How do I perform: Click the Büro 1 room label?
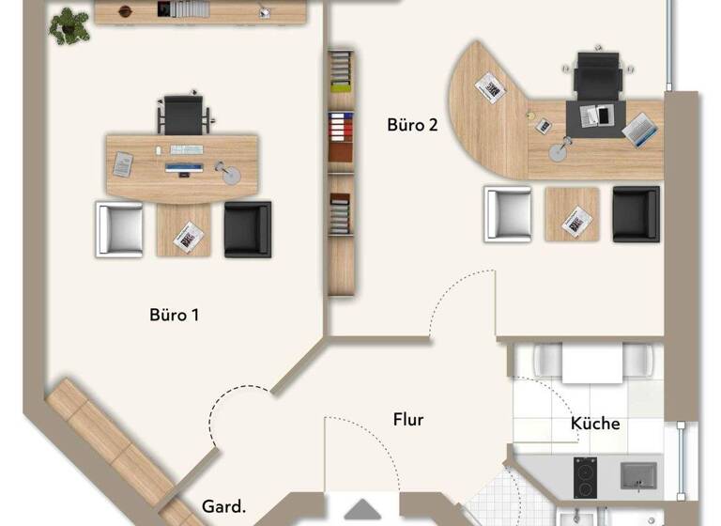pyautogui.click(x=174, y=315)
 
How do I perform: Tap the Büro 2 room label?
pyautogui.click(x=412, y=125)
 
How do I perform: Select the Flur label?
pyautogui.click(x=408, y=420)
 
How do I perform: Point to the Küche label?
pyautogui.click(x=595, y=424)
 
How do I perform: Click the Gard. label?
pyautogui.click(x=224, y=507)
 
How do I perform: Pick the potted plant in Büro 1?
pyautogui.click(x=69, y=24)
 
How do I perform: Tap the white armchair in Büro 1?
pyautogui.click(x=119, y=228)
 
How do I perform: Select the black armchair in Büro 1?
pyautogui.click(x=247, y=228)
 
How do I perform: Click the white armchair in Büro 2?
pyautogui.click(x=508, y=214)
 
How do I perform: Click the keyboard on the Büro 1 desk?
pyautogui.click(x=186, y=149)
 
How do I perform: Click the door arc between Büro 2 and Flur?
pyautogui.click(x=465, y=301)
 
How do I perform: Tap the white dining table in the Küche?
pyautogui.click(x=592, y=363)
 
